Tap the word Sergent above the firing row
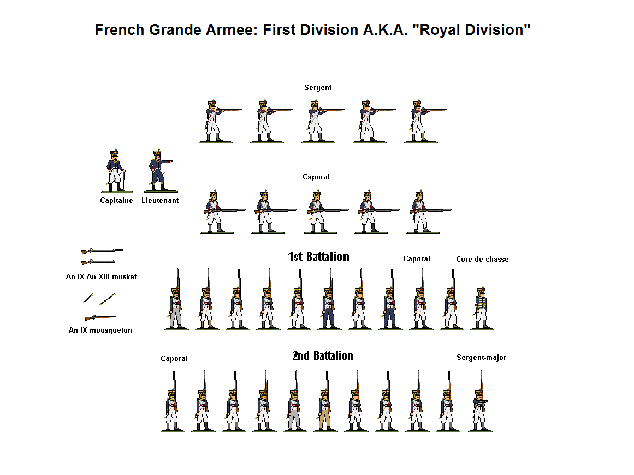point(318,88)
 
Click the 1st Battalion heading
point(318,257)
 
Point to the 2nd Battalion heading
point(323,356)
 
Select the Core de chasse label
point(482,260)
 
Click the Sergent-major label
point(481,358)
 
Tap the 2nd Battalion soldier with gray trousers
point(294,412)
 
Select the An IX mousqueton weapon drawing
point(100,317)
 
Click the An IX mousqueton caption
point(100,330)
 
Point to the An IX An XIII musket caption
point(101,277)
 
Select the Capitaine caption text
point(116,201)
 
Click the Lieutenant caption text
point(160,201)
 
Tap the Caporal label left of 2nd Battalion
point(174,359)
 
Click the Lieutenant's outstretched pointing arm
point(167,162)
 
